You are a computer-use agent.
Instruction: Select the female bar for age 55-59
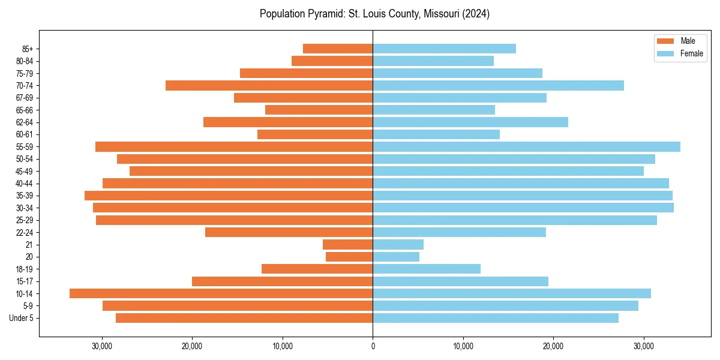526,146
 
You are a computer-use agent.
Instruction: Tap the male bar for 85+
338,49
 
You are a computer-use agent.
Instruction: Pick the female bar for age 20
396,257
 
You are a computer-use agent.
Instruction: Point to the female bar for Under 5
496,318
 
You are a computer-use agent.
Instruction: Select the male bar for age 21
347,244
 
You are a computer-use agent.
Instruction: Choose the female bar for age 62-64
470,122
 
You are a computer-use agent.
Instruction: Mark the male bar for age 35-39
229,196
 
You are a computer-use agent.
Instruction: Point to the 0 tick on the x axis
373,346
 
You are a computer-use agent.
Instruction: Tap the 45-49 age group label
25,171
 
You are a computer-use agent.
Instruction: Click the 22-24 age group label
25,232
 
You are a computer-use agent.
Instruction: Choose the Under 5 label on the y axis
21,318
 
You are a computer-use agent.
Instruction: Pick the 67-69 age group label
25,98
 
